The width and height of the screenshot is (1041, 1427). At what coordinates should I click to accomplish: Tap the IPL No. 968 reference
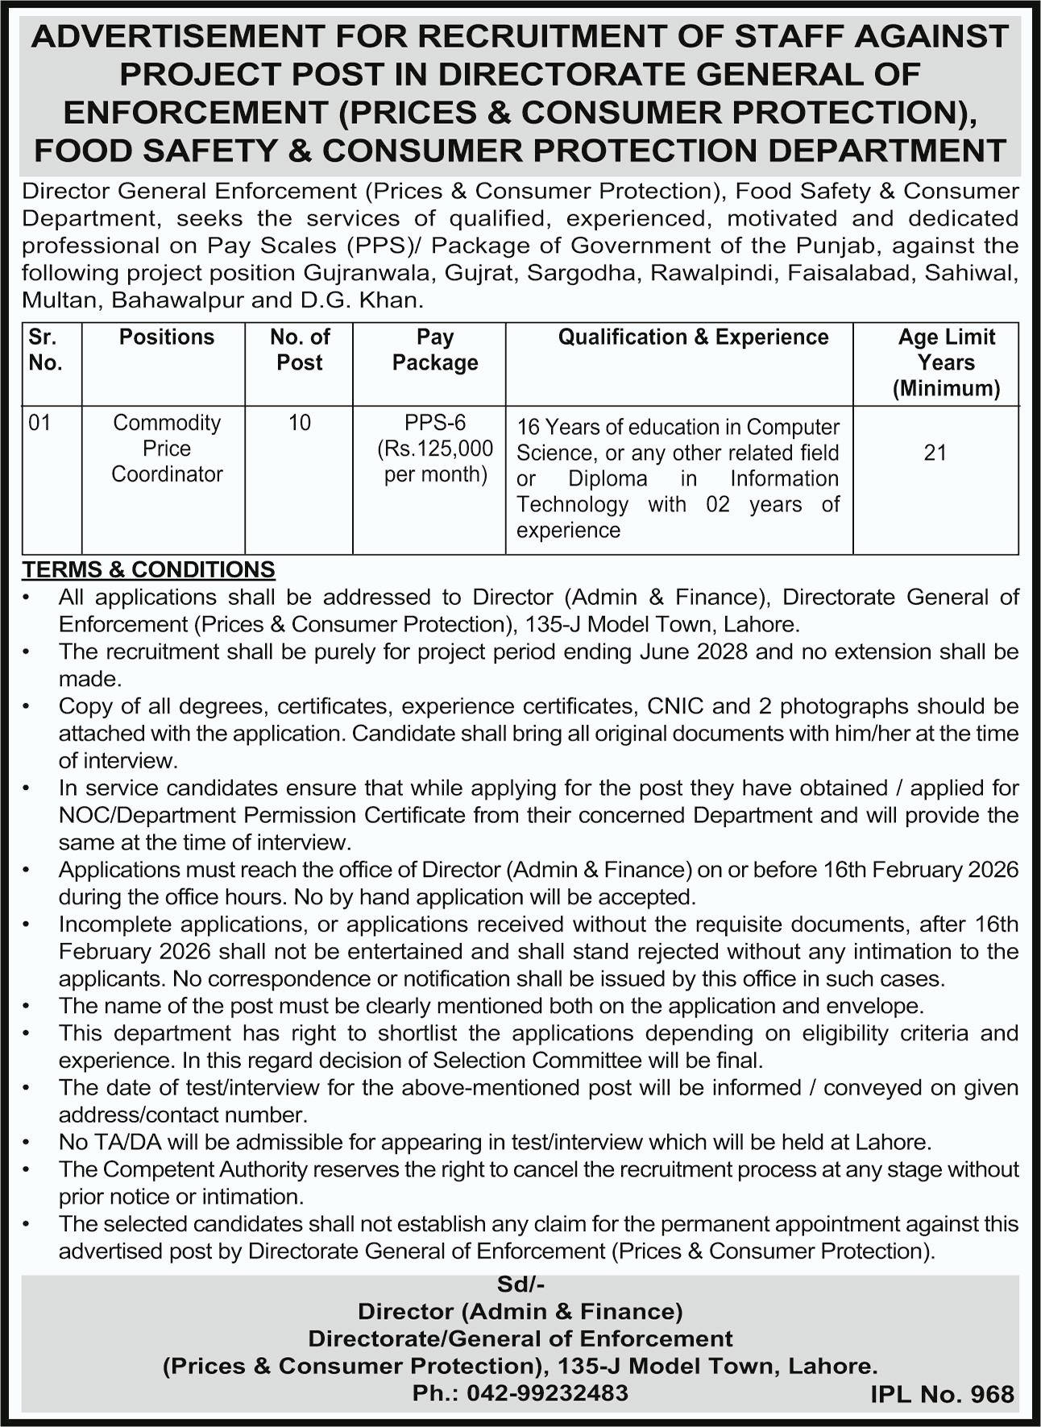click(x=942, y=1394)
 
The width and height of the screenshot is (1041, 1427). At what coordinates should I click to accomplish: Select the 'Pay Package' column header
click(x=435, y=350)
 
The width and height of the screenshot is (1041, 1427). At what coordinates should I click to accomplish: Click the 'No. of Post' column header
click(x=299, y=350)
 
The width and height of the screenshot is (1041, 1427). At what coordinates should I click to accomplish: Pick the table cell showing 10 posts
click(x=299, y=423)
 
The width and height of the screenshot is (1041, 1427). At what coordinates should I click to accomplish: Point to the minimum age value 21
click(x=935, y=453)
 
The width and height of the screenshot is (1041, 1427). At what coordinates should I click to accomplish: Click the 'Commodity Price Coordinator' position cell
click(x=167, y=448)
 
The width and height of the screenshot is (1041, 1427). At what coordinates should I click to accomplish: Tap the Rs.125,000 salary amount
click(x=436, y=449)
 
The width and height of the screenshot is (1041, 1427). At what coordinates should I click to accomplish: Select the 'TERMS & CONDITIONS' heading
click(x=148, y=569)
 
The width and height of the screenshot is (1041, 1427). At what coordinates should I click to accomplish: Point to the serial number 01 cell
click(x=39, y=423)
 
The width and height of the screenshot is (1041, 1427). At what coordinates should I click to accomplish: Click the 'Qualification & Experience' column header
click(x=693, y=337)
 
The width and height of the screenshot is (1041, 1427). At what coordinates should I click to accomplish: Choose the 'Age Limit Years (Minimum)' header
click(x=946, y=362)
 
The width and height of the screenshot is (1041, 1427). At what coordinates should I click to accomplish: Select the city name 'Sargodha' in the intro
click(x=580, y=273)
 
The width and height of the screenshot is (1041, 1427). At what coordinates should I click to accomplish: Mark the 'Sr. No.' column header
click(x=45, y=350)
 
